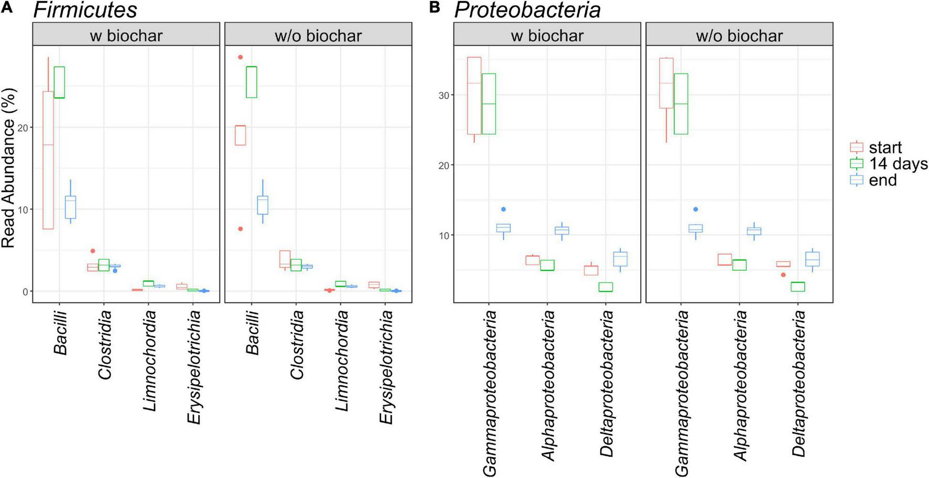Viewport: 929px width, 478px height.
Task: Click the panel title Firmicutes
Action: (x=85, y=10)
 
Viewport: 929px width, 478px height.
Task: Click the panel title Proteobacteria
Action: (x=527, y=10)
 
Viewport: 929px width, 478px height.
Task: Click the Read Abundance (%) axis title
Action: (x=9, y=168)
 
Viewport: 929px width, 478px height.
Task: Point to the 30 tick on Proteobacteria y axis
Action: (x=444, y=95)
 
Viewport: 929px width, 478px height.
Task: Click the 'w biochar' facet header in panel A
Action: (x=126, y=35)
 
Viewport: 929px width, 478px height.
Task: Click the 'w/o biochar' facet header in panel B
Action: (x=739, y=35)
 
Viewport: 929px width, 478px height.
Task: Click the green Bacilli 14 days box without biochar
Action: (x=252, y=82)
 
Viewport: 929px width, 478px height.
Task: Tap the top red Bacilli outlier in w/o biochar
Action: (x=241, y=57)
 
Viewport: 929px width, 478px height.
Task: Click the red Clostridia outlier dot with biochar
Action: (x=93, y=251)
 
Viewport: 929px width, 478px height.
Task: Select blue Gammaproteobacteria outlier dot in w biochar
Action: (x=503, y=209)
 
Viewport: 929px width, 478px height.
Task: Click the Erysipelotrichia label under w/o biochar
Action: (x=386, y=366)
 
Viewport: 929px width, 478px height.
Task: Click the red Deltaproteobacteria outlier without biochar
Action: (x=783, y=275)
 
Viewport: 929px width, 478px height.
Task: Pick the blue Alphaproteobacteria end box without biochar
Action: (x=754, y=231)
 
